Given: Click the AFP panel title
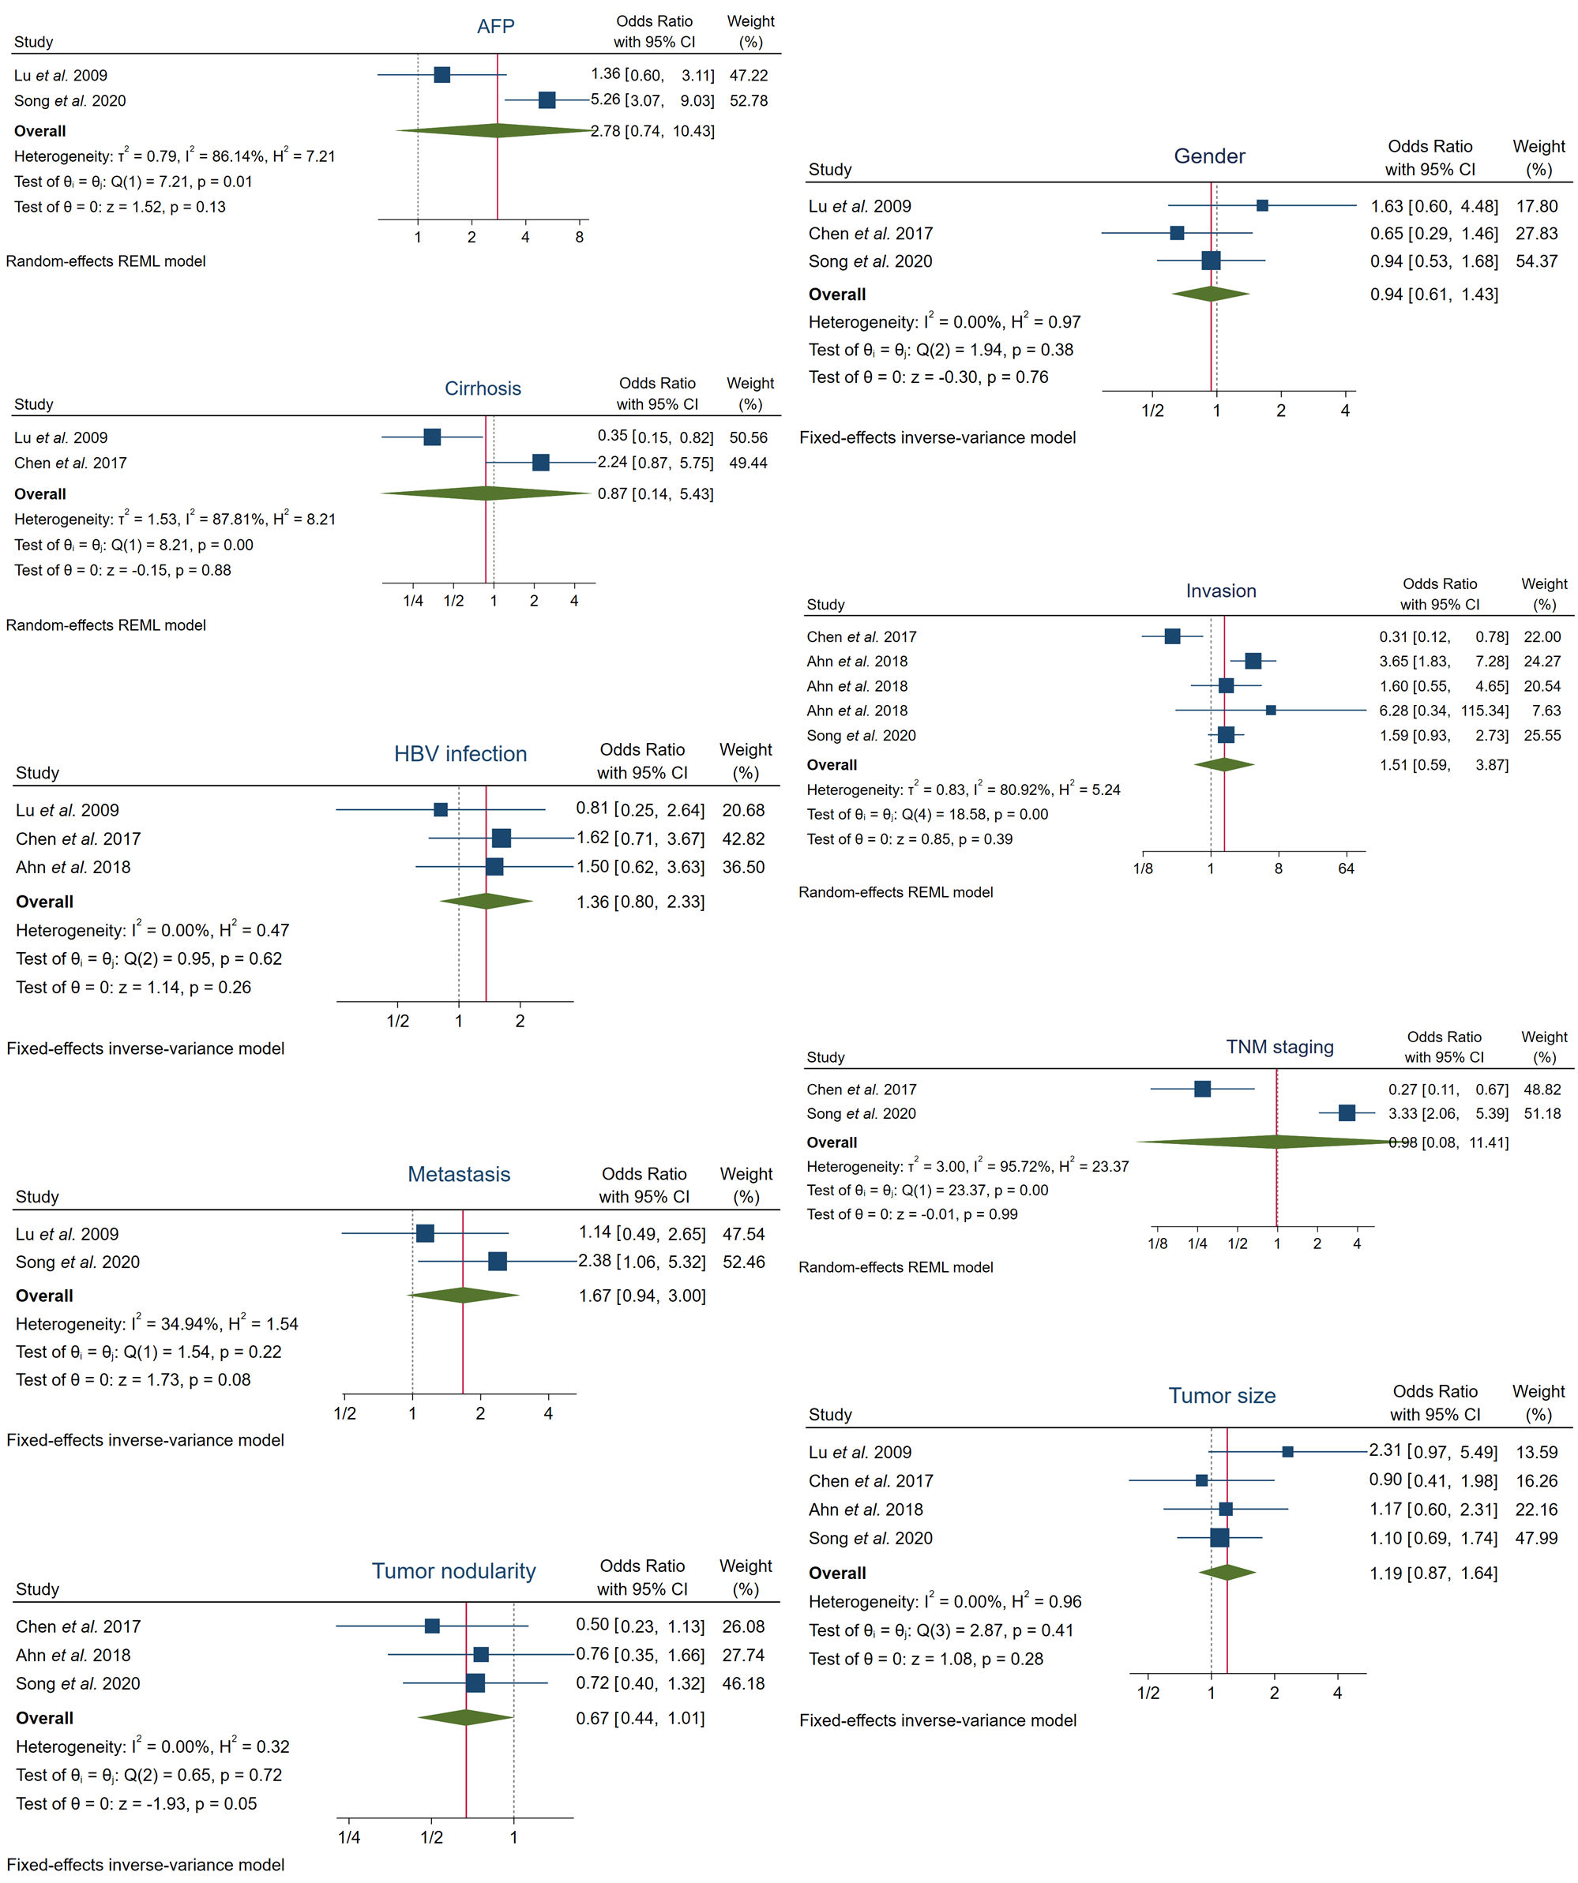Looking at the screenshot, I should pyautogui.click(x=495, y=26).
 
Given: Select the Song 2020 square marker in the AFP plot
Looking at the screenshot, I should pyautogui.click(x=547, y=100).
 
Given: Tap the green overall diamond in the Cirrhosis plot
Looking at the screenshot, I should pyautogui.click(x=486, y=493).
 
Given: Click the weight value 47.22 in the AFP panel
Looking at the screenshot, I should pyautogui.click(x=748, y=75).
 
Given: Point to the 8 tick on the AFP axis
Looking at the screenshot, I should pyautogui.click(x=580, y=237).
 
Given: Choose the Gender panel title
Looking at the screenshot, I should pyautogui.click(x=1208, y=156).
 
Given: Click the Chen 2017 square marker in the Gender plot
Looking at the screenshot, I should pyautogui.click(x=1177, y=233).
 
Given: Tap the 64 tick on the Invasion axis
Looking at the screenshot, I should pyautogui.click(x=1346, y=868).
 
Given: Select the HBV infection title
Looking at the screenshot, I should pyautogui.click(x=460, y=754).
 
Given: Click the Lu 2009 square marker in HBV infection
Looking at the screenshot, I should pyautogui.click(x=441, y=810).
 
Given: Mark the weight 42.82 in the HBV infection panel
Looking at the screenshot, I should pyautogui.click(x=743, y=838).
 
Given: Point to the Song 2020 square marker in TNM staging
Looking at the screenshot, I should pyautogui.click(x=1346, y=1112).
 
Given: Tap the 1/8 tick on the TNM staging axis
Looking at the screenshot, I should pyautogui.click(x=1157, y=1243).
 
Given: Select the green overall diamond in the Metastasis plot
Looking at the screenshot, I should pyautogui.click(x=463, y=1295).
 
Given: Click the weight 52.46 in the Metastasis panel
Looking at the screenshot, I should pyautogui.click(x=743, y=1262).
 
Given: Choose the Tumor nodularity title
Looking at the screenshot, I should pyautogui.click(x=453, y=1571).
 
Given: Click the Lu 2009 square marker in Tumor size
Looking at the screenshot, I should pyautogui.click(x=1287, y=1452).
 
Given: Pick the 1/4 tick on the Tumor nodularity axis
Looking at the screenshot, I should pyautogui.click(x=349, y=1837).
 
